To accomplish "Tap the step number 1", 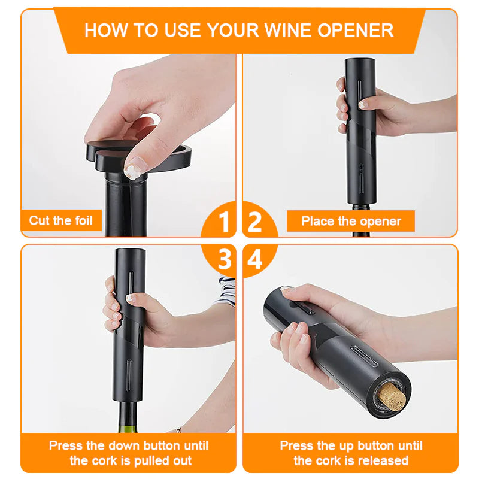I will [x=224, y=222].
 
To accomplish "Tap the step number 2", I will [x=254, y=222].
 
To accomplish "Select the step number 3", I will [x=224, y=260].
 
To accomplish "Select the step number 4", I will [x=254, y=260].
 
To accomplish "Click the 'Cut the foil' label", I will [x=61, y=220].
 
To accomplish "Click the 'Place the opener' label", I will [x=351, y=221].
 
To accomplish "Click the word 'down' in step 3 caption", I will [x=121, y=445].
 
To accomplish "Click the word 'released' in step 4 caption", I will [x=380, y=460].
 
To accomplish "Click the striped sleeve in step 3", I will [x=226, y=290].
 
